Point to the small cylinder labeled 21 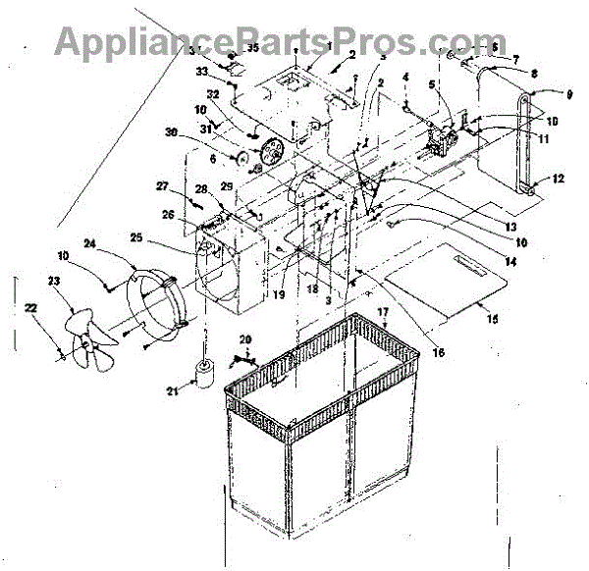click(204, 376)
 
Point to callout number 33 click(202, 72)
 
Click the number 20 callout click(244, 339)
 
